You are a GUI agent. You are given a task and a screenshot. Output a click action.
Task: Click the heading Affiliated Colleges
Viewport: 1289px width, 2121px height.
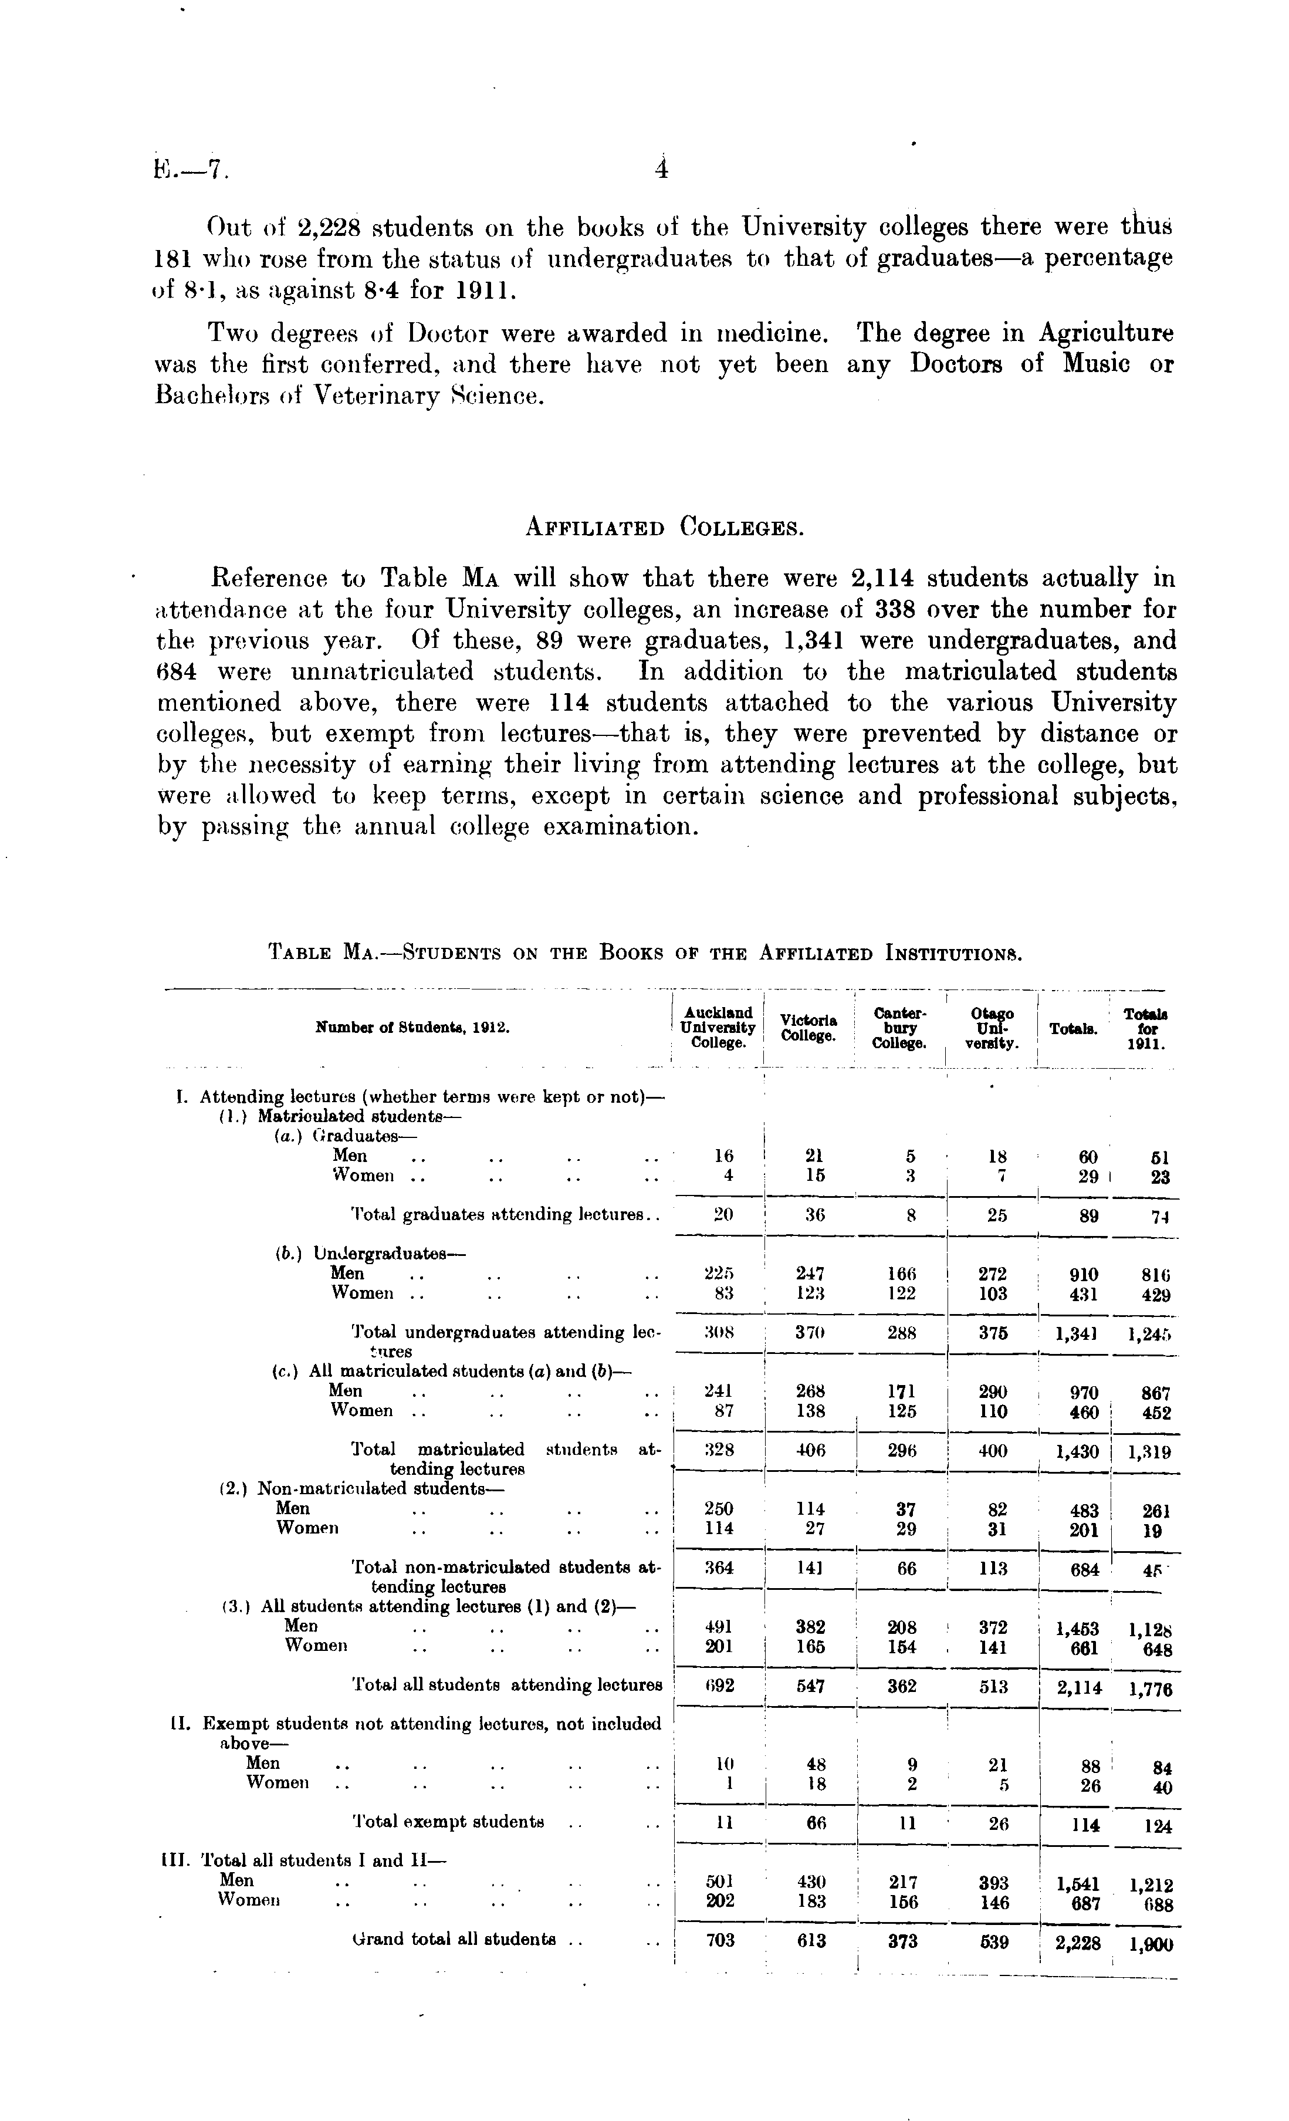coord(664,527)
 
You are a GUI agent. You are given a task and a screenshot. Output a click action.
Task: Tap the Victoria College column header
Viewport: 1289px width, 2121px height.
coord(808,1028)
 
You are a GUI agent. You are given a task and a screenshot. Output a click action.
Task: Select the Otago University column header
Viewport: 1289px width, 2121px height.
coord(992,1028)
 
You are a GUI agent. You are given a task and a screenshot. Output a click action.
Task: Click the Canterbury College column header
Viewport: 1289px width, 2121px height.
coord(899,1028)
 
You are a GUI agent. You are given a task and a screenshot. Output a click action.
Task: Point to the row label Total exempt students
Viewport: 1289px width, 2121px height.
coord(448,1822)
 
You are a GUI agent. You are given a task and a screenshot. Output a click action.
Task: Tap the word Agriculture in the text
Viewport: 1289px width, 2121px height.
coord(1106,333)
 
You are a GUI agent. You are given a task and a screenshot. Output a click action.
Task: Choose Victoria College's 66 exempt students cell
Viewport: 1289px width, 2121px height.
coord(811,1822)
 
